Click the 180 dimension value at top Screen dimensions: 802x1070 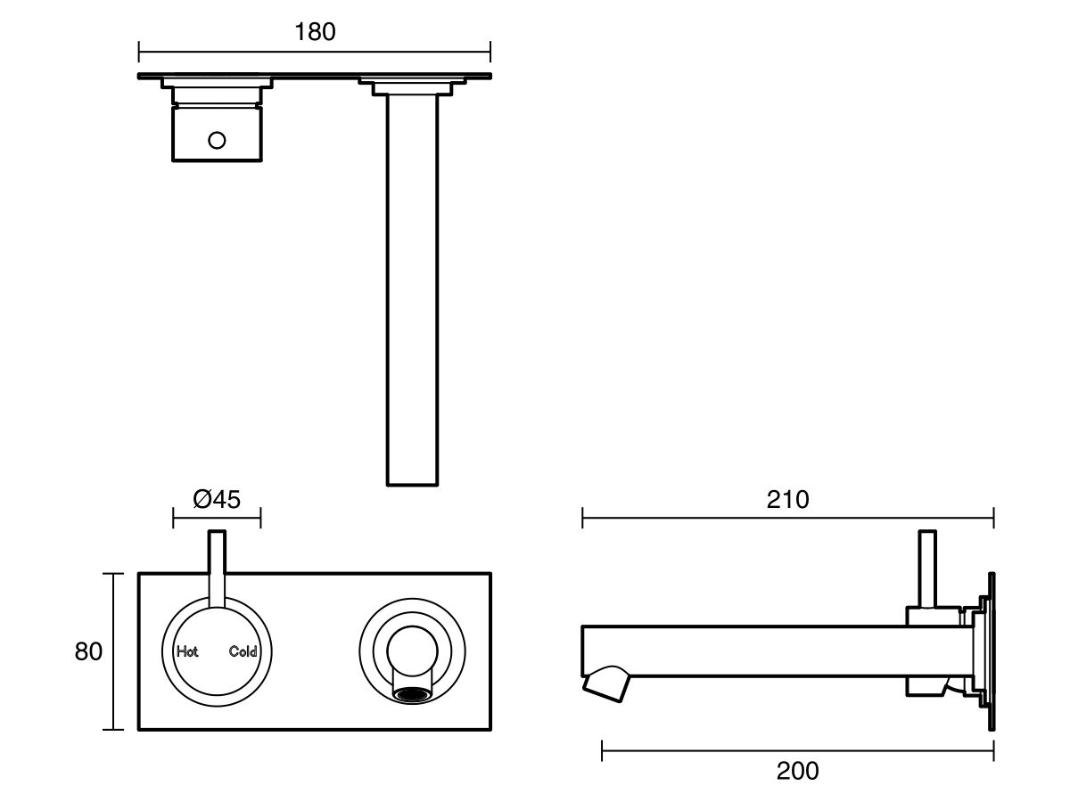tap(315, 32)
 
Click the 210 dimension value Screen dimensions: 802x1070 tap(787, 500)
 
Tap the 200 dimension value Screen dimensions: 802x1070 tap(797, 771)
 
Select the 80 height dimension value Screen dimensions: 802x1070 tap(88, 651)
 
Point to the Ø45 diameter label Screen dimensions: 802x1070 tap(217, 500)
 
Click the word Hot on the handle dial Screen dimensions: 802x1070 tap(187, 651)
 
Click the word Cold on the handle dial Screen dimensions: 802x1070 tap(243, 651)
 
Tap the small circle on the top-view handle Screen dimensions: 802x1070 tap(217, 140)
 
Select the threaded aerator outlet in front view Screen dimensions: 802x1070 tap(411, 694)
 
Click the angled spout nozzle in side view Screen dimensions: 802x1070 tap(606, 682)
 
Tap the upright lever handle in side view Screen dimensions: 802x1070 tap(927, 570)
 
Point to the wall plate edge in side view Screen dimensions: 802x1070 tap(991, 651)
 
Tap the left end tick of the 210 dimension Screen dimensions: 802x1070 tap(582, 518)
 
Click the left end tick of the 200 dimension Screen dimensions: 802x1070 tap(603, 751)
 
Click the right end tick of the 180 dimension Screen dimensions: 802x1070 tap(490, 49)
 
